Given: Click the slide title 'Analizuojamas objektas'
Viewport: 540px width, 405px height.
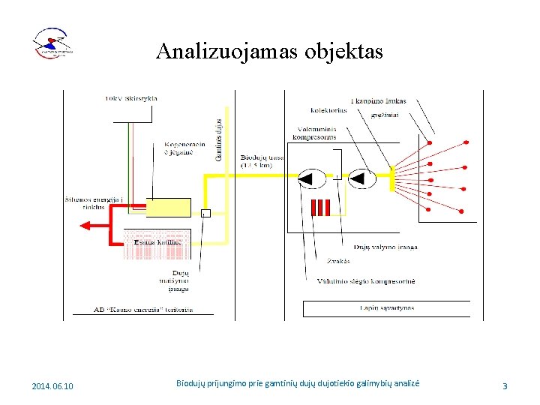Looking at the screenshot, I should click(x=269, y=51).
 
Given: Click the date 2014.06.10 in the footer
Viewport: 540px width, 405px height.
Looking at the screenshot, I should click(x=53, y=386).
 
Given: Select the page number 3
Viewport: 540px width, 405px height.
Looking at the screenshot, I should click(x=505, y=386).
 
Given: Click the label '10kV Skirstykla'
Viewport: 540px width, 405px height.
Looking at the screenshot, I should click(x=131, y=98).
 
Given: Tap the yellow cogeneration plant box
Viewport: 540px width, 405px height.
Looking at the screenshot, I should click(x=168, y=208).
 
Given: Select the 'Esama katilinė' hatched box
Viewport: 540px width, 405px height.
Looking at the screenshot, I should click(x=157, y=243).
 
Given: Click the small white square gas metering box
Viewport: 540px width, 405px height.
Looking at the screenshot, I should click(x=206, y=214).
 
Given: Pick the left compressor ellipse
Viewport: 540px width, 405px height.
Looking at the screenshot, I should click(x=310, y=178).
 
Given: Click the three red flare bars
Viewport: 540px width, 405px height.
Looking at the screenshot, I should click(x=320, y=208).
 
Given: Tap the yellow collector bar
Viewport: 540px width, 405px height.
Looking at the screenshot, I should click(x=391, y=178).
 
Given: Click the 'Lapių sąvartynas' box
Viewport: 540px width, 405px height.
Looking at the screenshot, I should click(x=386, y=308).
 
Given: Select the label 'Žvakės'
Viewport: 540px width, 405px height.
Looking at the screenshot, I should click(x=338, y=261).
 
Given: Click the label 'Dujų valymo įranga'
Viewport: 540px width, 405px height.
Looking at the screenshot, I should click(x=385, y=247).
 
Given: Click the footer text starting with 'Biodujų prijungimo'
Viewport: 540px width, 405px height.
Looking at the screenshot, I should click(x=298, y=383).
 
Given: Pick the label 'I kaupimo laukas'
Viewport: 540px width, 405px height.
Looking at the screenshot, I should click(x=378, y=100).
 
